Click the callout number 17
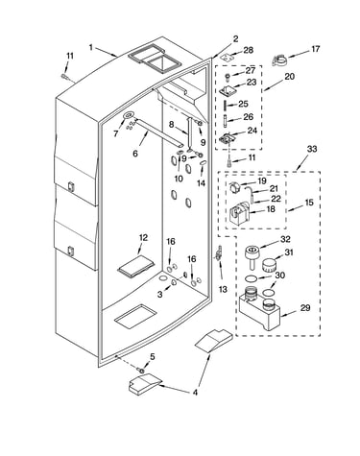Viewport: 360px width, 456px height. click(315, 49)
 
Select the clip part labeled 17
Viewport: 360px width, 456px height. click(279, 60)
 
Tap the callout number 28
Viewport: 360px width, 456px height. click(249, 50)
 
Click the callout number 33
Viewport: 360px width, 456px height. click(312, 149)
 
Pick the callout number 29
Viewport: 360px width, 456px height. click(305, 307)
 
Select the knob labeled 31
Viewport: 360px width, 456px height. click(269, 265)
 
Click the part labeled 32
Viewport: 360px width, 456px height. click(252, 255)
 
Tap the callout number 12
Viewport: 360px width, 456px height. click(143, 238)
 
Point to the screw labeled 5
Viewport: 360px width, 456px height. click(140, 370)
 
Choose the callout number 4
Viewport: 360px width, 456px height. click(195, 393)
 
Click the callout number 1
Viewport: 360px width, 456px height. click(91, 48)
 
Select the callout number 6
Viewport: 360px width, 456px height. click(135, 154)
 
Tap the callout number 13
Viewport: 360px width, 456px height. click(223, 289)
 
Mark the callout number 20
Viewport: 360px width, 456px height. click(289, 77)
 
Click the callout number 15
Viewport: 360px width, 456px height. click(309, 203)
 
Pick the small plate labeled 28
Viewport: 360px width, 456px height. click(227, 57)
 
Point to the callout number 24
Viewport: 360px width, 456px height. click(252, 131)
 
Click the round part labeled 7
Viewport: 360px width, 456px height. click(128, 115)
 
